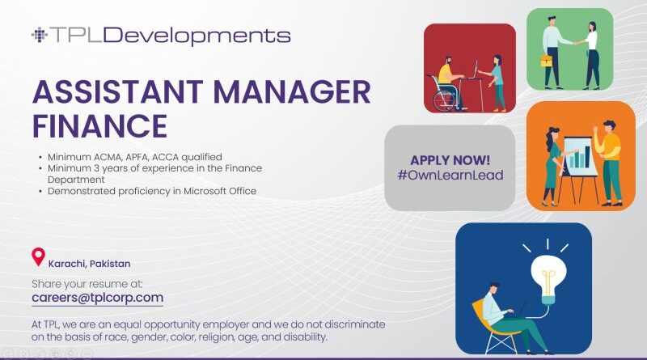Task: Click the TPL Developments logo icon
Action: [39, 35]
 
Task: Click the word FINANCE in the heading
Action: [99, 126]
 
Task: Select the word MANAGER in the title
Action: [292, 91]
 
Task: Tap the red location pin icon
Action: [38, 256]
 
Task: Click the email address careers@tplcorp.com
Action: [97, 298]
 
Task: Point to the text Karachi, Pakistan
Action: [89, 264]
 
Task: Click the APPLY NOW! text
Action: [450, 160]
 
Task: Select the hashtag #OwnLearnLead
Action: [450, 175]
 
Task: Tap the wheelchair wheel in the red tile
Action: [443, 100]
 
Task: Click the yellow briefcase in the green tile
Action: [547, 61]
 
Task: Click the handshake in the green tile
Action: [575, 42]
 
